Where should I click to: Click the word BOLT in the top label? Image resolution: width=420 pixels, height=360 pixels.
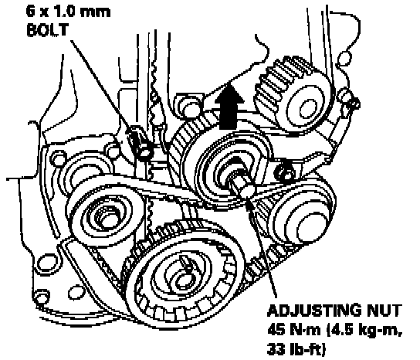(x=48, y=30)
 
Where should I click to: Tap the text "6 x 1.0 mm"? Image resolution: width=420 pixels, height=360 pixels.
(x=68, y=12)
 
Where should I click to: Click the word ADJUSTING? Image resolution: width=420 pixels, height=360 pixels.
(x=313, y=311)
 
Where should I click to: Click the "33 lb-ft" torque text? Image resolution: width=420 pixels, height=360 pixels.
(x=296, y=349)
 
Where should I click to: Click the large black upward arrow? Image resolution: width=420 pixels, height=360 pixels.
(x=229, y=106)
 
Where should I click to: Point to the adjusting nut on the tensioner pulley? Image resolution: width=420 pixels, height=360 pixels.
(x=244, y=191)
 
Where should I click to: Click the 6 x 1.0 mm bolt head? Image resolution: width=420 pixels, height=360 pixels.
(x=144, y=151)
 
